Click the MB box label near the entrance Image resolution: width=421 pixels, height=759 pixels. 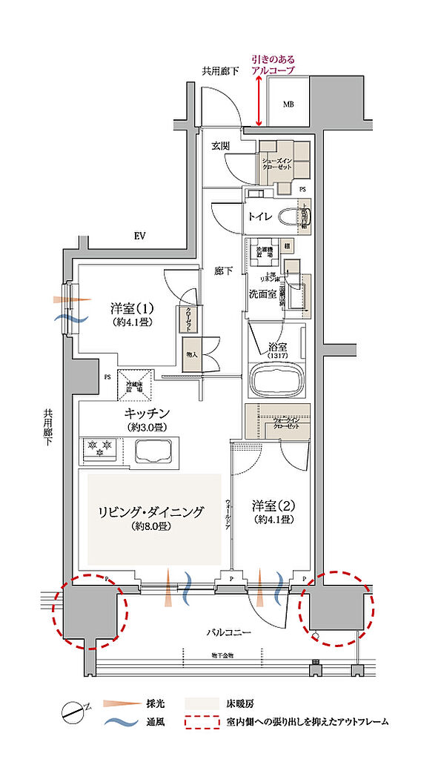coord(287,104)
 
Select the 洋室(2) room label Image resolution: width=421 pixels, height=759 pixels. coord(274,506)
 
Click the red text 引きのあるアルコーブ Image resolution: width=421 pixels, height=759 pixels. coord(272,64)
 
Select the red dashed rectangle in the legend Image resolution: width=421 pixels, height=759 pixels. coord(199,720)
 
